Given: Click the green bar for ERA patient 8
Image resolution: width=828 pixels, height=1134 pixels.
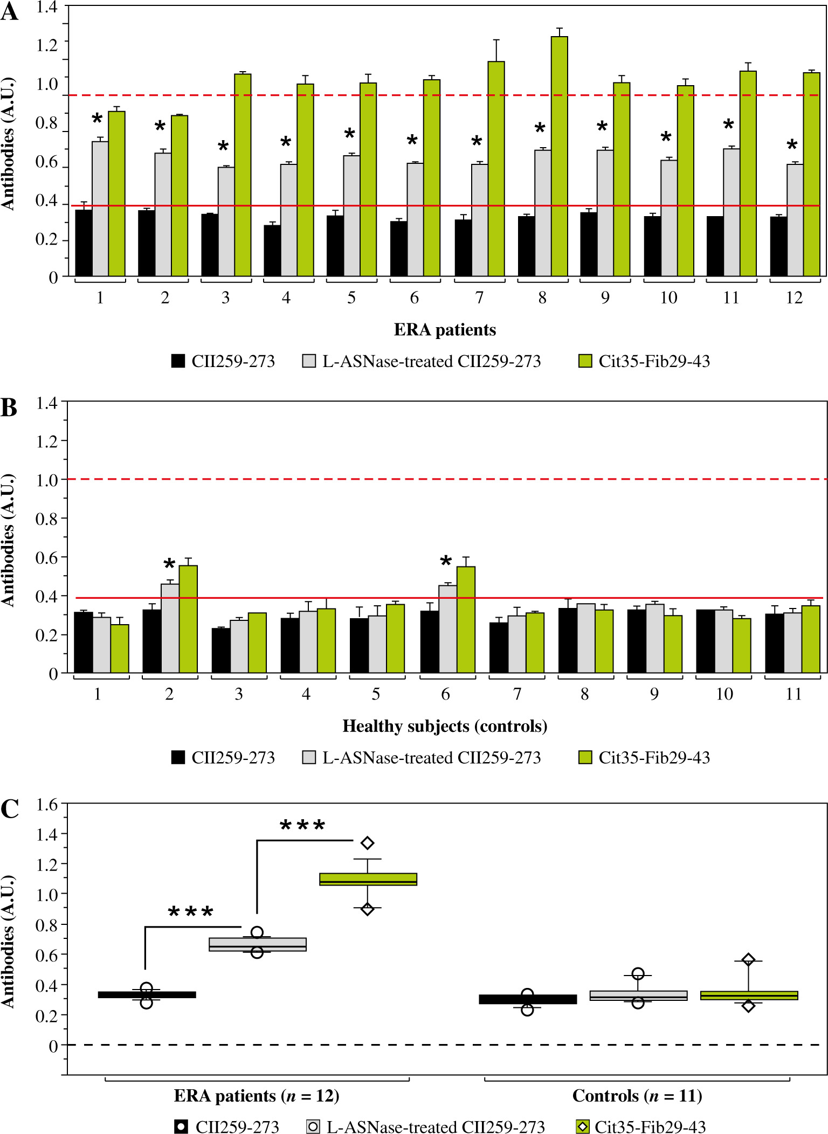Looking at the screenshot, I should point(559,156).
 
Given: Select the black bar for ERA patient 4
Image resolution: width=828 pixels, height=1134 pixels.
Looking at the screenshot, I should point(272,250).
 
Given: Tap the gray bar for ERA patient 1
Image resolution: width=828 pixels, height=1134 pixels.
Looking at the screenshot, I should point(100,209).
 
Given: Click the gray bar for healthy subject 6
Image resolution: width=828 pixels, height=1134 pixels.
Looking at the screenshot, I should point(447,629).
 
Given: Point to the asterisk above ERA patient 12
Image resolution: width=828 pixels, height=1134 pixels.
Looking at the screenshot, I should point(792,145).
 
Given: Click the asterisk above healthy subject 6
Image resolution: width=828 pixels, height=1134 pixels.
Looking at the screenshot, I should point(446,562).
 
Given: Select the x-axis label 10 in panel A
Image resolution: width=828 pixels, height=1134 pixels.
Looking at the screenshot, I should point(668,298).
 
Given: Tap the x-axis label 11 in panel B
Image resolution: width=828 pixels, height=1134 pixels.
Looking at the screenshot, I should point(793,694).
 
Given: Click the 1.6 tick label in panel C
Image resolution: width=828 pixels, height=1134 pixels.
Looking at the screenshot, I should point(46,805).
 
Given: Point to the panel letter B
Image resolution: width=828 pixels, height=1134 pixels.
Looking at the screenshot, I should point(9,408).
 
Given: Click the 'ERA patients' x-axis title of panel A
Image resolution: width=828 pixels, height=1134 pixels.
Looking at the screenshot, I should point(445,329).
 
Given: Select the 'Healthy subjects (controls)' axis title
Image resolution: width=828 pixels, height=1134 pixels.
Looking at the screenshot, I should point(445,726).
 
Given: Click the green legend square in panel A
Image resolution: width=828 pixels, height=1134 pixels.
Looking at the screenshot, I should point(585,361).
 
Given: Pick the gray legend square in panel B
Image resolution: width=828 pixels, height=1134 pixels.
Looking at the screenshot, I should point(309,757).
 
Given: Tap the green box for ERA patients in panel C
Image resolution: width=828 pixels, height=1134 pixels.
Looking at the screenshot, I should point(368,879).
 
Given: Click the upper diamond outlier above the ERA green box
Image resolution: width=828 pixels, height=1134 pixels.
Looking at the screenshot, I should point(368,843).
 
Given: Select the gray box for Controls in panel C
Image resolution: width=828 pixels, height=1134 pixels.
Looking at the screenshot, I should point(638,995).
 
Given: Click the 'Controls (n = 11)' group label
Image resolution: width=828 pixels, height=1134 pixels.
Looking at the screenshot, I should point(637,1096).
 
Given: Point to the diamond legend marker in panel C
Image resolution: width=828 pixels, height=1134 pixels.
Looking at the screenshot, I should point(583,1126).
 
